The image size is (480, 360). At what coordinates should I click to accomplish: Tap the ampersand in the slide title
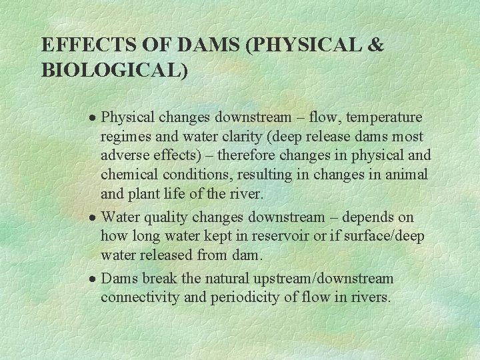coord(375,45)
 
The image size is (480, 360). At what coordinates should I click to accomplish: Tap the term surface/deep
coord(387,237)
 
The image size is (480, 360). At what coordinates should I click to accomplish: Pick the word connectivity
coord(140,297)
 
